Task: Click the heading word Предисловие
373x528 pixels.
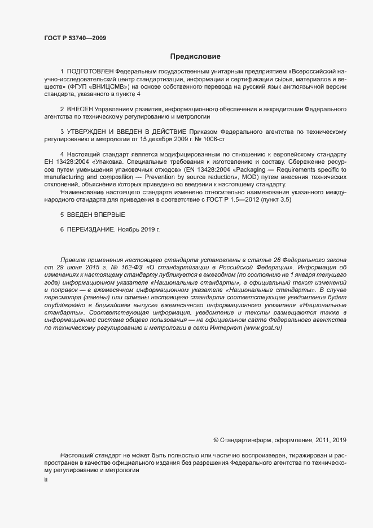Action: (x=195, y=56)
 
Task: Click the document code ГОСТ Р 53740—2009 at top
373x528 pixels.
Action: (x=75, y=38)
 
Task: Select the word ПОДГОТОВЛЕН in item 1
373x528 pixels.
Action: (x=90, y=72)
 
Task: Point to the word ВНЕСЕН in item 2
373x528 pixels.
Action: (x=80, y=108)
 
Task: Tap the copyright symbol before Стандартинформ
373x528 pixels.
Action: (x=216, y=439)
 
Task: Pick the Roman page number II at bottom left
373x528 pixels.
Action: (x=46, y=479)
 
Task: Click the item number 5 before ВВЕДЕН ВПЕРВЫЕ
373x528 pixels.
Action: (x=62, y=215)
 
